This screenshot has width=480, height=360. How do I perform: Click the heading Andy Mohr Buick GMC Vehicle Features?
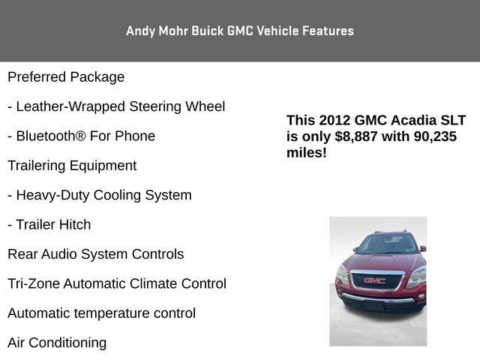click(x=240, y=31)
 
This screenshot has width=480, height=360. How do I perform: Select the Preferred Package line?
click(x=66, y=77)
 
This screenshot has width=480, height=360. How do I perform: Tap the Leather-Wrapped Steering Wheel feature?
click(x=116, y=106)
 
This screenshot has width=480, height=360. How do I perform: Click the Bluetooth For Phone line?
click(x=81, y=136)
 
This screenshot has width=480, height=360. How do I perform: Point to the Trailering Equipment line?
click(x=72, y=166)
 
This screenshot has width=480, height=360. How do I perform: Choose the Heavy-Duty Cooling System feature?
click(x=100, y=195)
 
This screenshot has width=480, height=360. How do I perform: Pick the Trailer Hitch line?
click(x=49, y=224)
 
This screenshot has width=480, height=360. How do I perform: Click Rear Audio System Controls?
click(x=95, y=254)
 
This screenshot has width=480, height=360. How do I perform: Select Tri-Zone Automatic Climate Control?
click(x=116, y=283)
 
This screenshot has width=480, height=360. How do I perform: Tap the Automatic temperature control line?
click(x=101, y=313)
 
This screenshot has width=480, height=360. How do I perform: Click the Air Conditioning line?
click(x=57, y=343)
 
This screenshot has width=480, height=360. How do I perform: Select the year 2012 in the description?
click(x=334, y=120)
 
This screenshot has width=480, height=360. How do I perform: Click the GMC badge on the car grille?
click(x=374, y=280)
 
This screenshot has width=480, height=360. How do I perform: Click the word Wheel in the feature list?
click(x=205, y=106)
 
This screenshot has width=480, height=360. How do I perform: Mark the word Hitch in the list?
click(x=74, y=224)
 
